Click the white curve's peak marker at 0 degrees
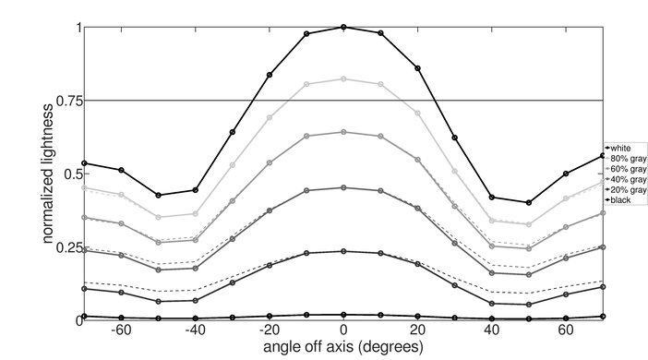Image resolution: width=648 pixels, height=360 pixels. click(x=343, y=27)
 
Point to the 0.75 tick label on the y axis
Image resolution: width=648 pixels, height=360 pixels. click(x=65, y=100)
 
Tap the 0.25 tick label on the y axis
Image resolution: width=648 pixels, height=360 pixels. click(x=65, y=246)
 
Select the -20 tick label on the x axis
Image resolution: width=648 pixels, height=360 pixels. click(x=269, y=330)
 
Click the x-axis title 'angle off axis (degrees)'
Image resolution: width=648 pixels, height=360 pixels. click(x=343, y=348)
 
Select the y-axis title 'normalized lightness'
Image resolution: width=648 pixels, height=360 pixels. click(x=46, y=174)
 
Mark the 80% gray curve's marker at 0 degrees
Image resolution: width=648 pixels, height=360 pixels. click(x=343, y=78)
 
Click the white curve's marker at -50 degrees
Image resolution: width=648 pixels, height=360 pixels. click(x=158, y=195)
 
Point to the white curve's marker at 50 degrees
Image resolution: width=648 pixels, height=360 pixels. click(x=529, y=202)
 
